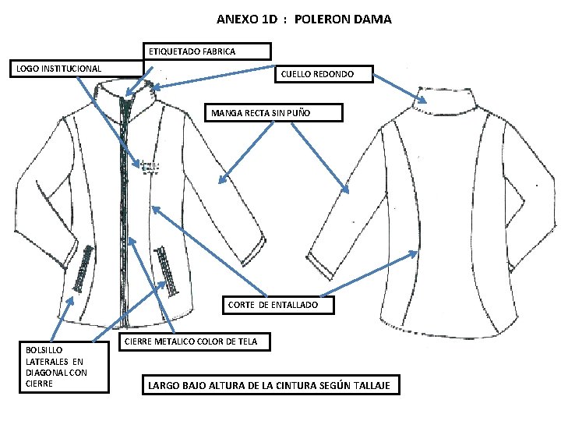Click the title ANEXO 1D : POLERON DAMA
(304, 19)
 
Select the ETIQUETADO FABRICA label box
(209, 51)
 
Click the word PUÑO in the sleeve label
(297, 113)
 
